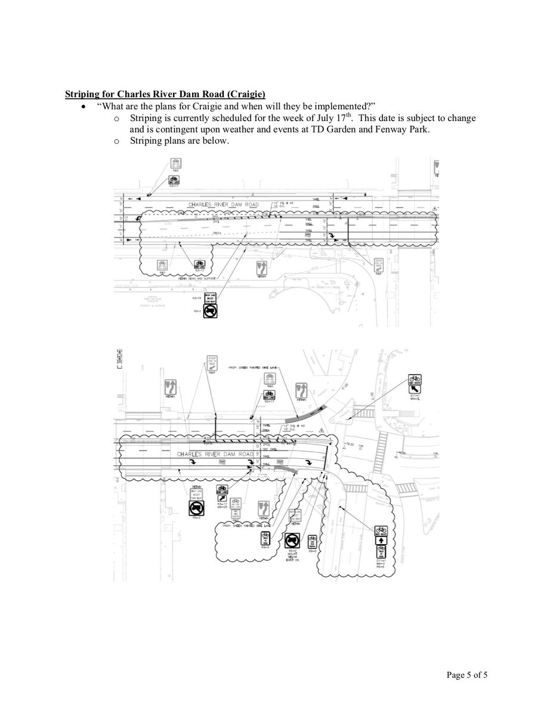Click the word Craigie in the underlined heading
[x=245, y=94]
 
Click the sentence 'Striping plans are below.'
[x=179, y=141]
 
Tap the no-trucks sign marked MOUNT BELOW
[x=292, y=541]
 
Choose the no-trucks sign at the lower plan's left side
[x=197, y=508]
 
